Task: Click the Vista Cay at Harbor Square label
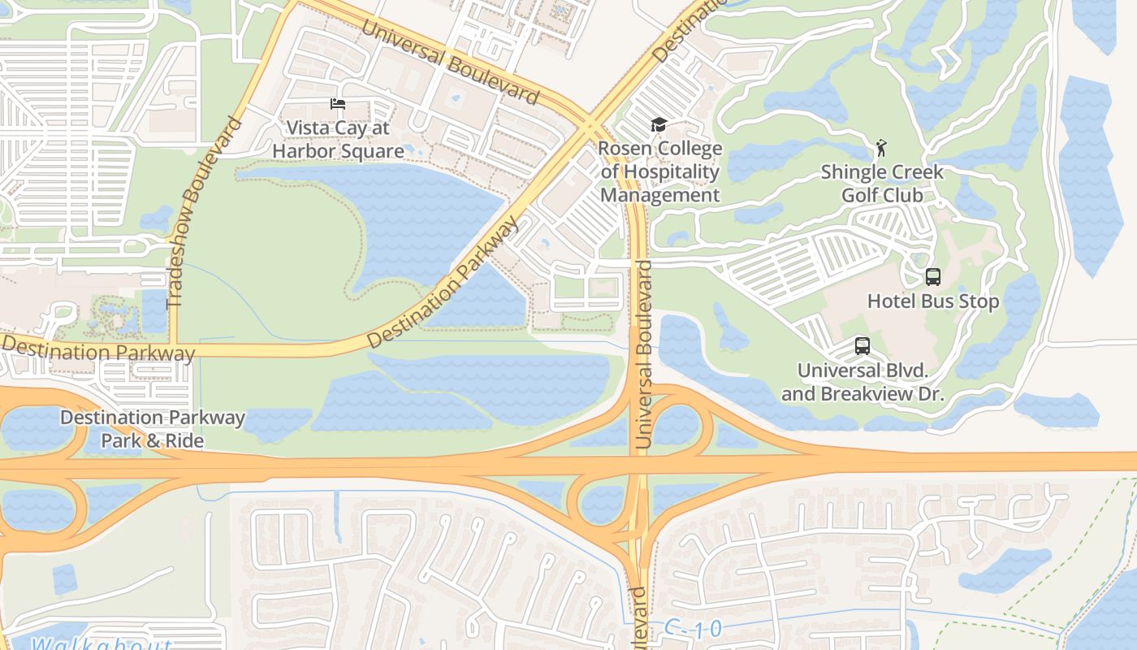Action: pyautogui.click(x=338, y=140)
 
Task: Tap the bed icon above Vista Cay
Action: pyautogui.click(x=338, y=104)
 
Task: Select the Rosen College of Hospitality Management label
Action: pyautogui.click(x=659, y=172)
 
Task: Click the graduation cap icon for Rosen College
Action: pyautogui.click(x=659, y=125)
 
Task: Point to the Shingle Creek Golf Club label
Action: pyautogui.click(x=882, y=184)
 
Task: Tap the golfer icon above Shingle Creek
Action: pyautogui.click(x=881, y=148)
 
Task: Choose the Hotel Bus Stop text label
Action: pyautogui.click(x=933, y=301)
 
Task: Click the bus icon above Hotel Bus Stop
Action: pyautogui.click(x=933, y=277)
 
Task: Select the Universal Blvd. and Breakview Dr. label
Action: pyautogui.click(x=862, y=382)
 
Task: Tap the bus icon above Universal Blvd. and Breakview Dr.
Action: pyautogui.click(x=862, y=346)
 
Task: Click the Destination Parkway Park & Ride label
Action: pyautogui.click(x=153, y=429)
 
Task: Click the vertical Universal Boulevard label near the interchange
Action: pyautogui.click(x=644, y=354)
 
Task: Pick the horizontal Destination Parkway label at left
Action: pyautogui.click(x=97, y=349)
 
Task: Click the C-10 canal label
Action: pyautogui.click(x=692, y=629)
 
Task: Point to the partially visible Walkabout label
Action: pyautogui.click(x=102, y=644)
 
